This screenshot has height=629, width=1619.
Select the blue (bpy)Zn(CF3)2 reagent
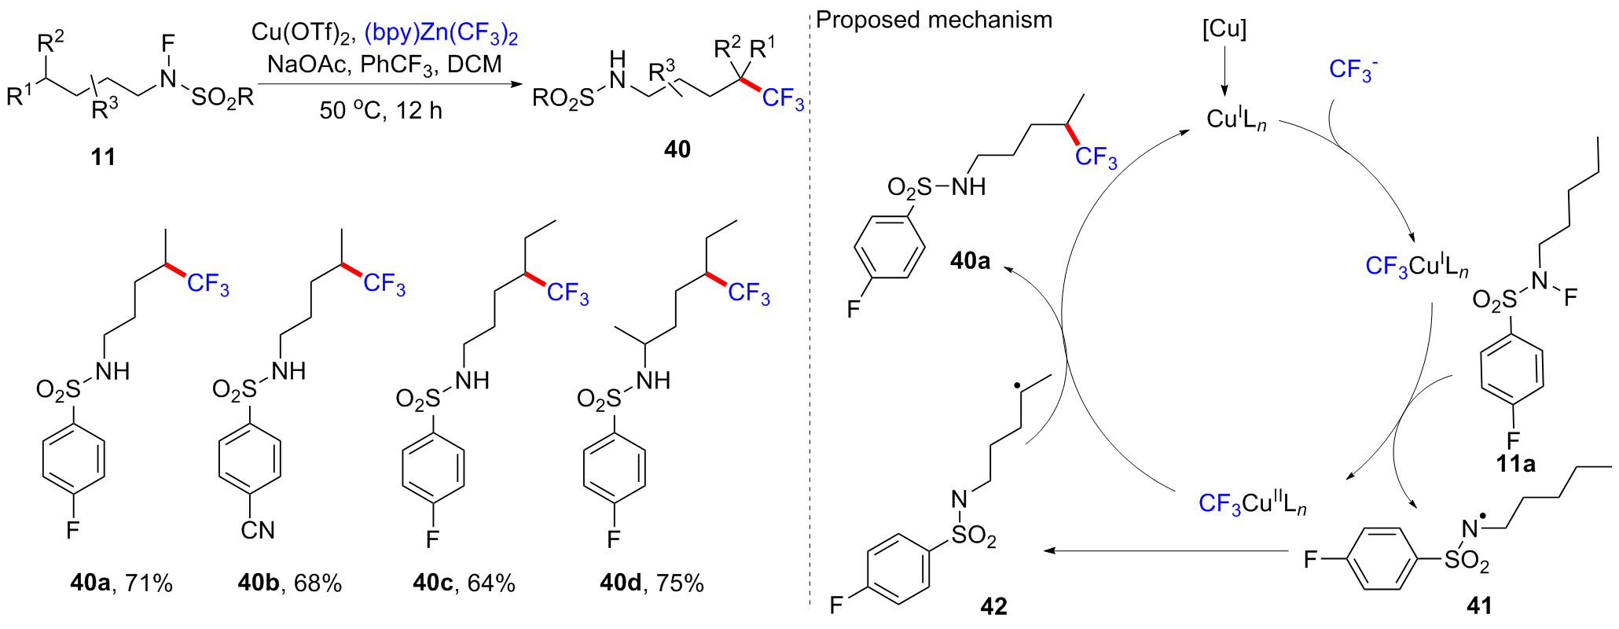[x=442, y=33]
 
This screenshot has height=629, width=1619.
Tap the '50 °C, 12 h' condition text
[x=381, y=110]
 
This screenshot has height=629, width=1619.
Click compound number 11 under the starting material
[x=103, y=156]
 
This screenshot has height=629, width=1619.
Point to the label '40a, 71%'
[x=121, y=583]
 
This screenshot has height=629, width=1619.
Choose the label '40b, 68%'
[x=290, y=583]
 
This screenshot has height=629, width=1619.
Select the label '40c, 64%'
[x=464, y=583]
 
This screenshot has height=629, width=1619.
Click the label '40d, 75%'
[x=652, y=583]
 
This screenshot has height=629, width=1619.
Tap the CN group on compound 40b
[x=258, y=531]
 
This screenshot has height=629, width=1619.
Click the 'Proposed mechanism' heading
[x=934, y=20]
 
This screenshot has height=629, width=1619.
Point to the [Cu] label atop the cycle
[x=1224, y=30]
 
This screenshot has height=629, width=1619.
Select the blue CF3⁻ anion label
[x=1353, y=70]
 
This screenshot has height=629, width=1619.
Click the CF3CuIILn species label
[x=1253, y=503]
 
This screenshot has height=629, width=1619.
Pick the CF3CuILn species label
[x=1417, y=266]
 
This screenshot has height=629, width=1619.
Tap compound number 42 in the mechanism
[x=993, y=606]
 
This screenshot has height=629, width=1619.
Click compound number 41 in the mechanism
[x=1479, y=605]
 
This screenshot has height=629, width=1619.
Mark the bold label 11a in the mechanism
[x=1515, y=464]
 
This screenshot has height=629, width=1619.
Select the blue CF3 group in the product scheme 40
[x=783, y=99]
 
